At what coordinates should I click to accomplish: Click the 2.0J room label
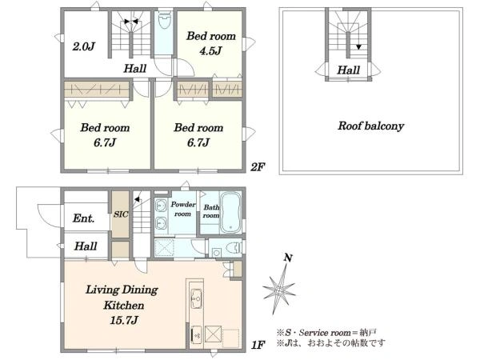coord(83,46)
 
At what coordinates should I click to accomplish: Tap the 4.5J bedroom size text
coord(210,51)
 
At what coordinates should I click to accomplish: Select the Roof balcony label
coord(370,126)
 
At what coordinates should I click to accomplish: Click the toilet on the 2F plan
coord(164,20)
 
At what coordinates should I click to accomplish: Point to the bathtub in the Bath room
coord(231,212)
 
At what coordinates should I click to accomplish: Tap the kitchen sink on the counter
coord(196,298)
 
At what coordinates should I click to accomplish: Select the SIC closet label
coord(121,214)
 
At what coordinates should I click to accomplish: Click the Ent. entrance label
coord(83,218)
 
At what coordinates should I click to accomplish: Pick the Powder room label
coord(182,209)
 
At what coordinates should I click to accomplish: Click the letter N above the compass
coord(288,258)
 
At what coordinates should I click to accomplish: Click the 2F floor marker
coord(258,167)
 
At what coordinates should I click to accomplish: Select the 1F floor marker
coord(258,345)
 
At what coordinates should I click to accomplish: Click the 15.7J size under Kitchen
coord(124,320)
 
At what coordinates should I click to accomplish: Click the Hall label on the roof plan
coord(348,70)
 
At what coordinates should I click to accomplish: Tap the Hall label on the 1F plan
coord(86,246)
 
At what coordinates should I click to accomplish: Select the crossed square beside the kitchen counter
coord(213,334)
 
